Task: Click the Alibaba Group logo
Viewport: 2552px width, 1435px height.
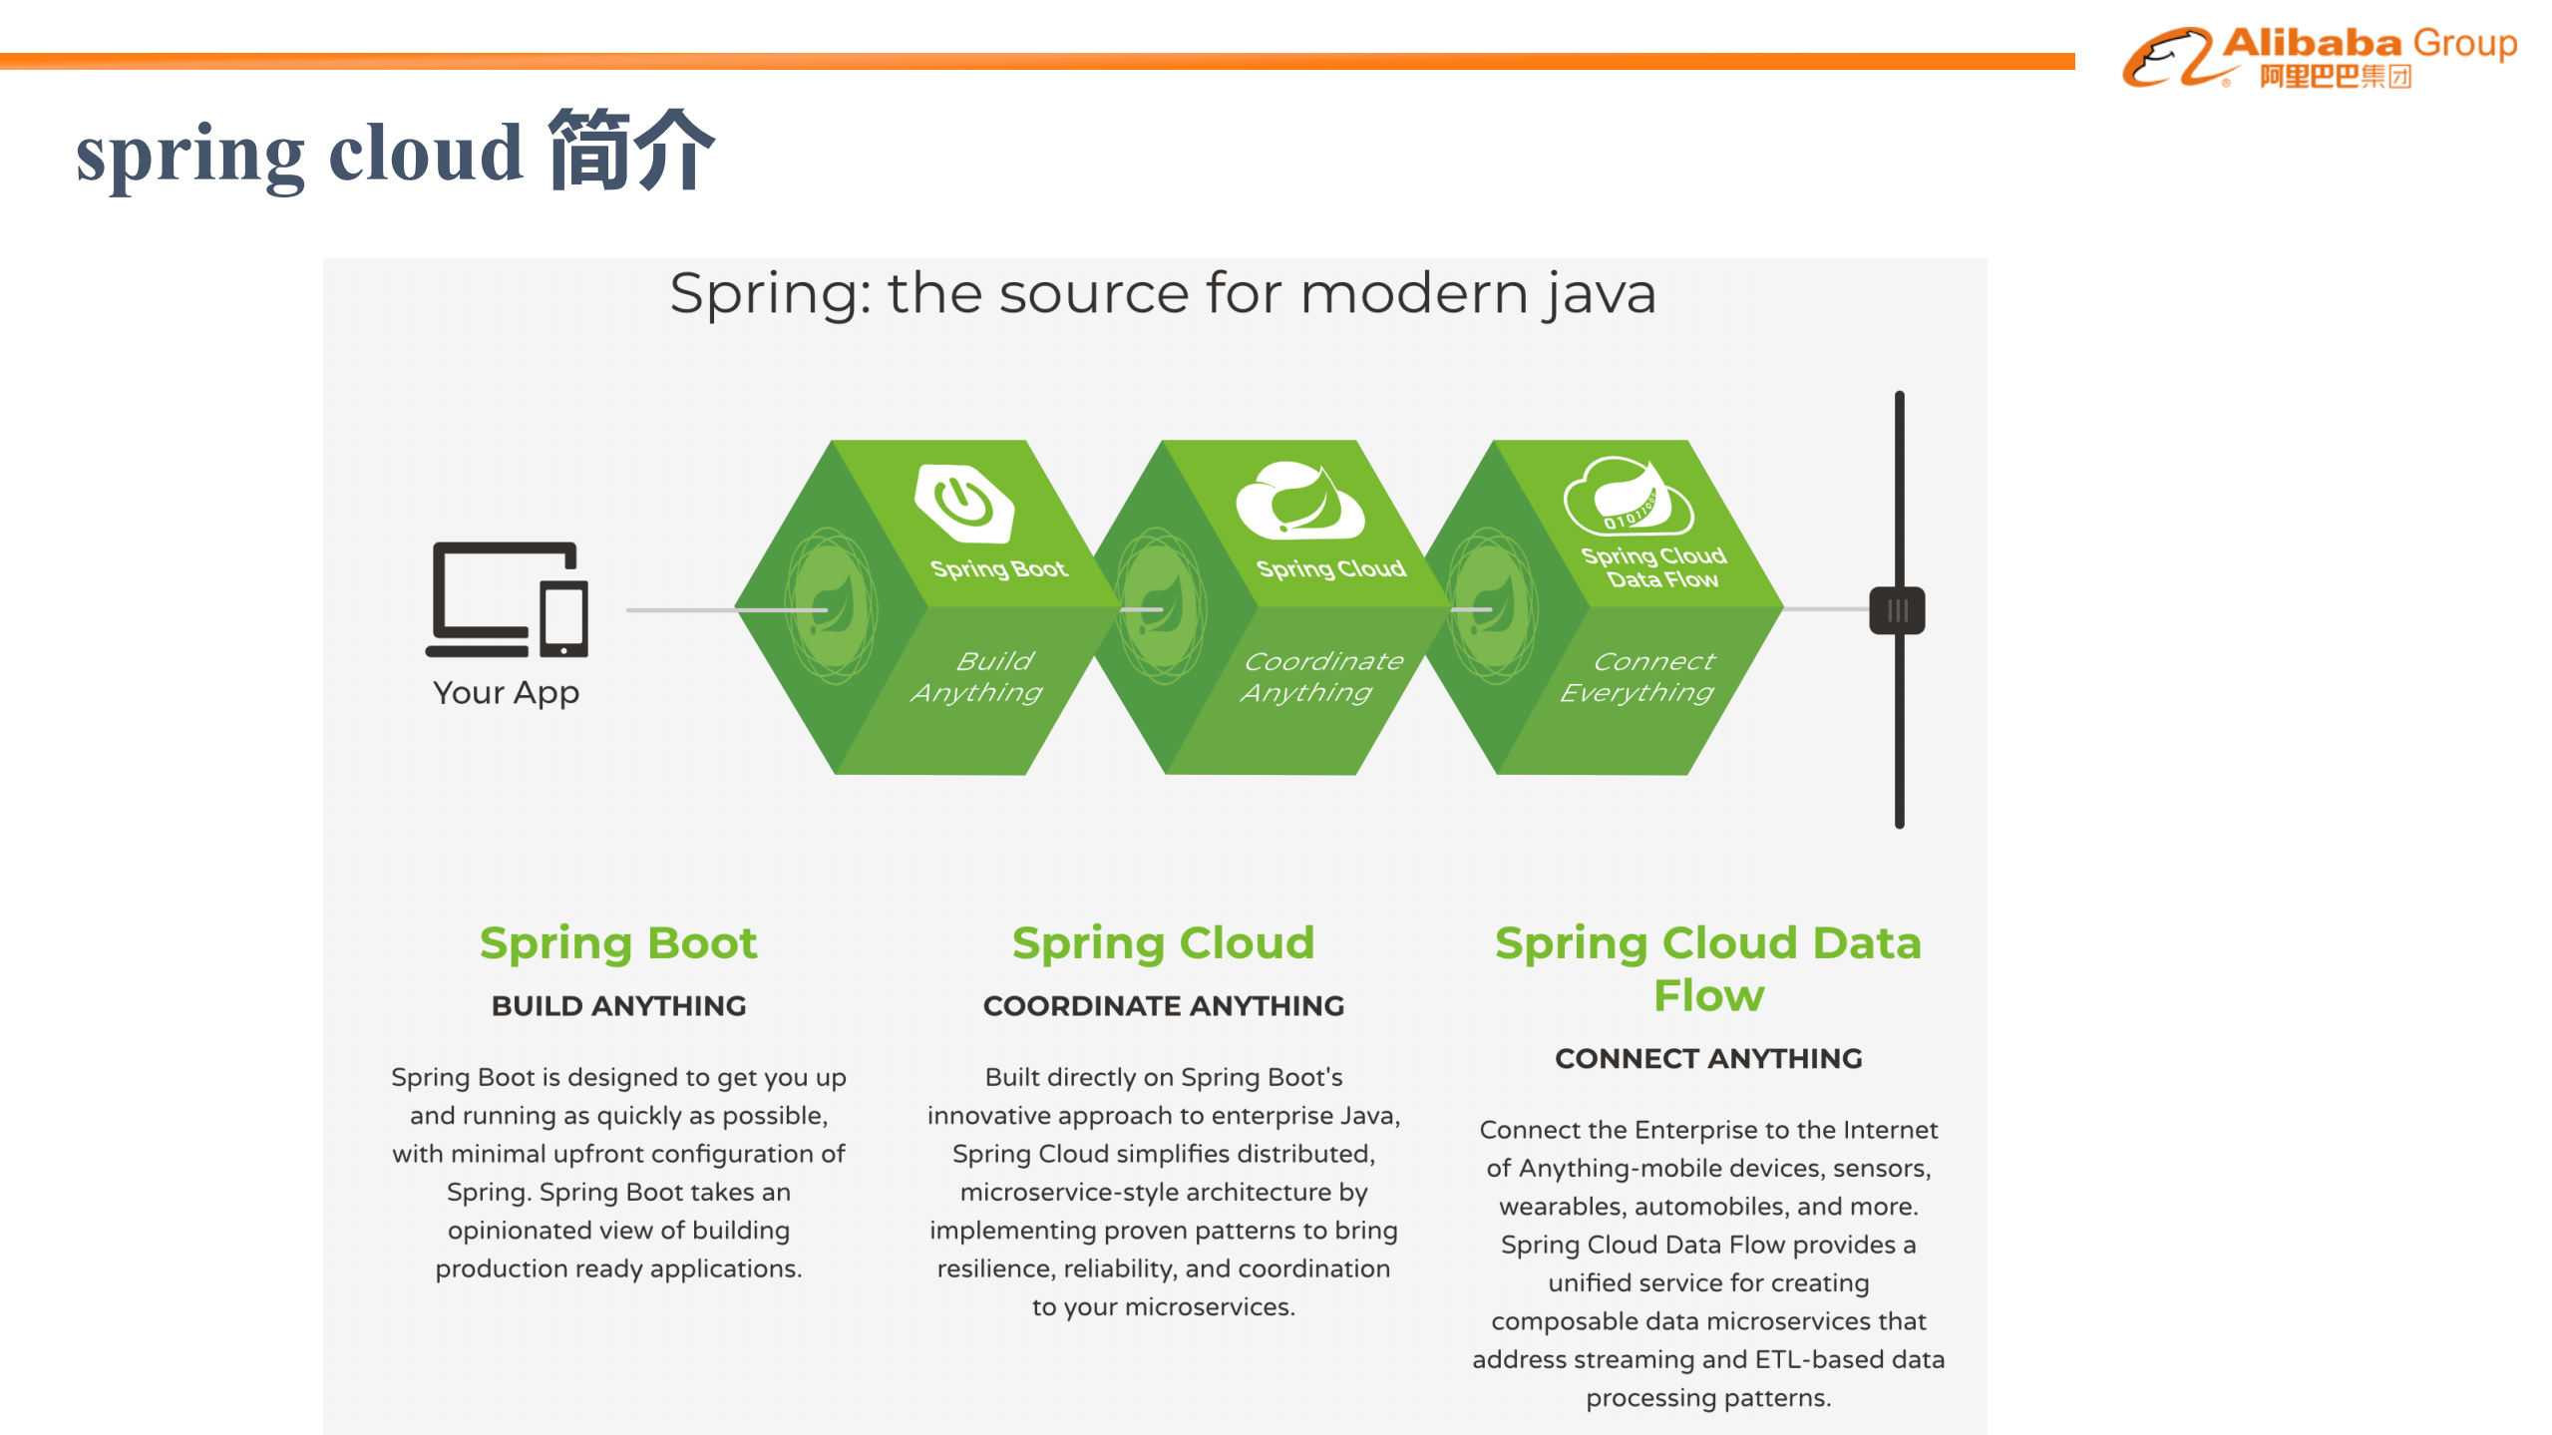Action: click(x=2319, y=57)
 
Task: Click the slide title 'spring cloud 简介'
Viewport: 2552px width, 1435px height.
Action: click(x=395, y=153)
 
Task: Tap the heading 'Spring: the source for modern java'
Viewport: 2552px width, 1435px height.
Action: click(x=1162, y=293)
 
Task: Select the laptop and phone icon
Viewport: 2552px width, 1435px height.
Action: click(x=508, y=599)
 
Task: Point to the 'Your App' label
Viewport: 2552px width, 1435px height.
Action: click(x=506, y=692)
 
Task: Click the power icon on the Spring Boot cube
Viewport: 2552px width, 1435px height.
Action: click(x=963, y=501)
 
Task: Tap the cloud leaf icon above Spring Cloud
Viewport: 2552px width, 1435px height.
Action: click(x=1298, y=500)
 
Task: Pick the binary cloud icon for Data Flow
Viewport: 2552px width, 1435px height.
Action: click(x=1629, y=497)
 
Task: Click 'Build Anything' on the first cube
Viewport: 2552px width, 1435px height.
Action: click(x=977, y=676)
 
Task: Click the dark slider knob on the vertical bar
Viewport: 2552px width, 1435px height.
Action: click(x=1897, y=610)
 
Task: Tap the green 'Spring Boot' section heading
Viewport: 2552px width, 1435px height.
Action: click(x=618, y=942)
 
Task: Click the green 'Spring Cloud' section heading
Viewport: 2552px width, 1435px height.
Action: click(x=1163, y=942)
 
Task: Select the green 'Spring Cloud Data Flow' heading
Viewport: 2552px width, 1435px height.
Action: click(x=1707, y=968)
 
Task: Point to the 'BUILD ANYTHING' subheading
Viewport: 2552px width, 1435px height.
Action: click(x=618, y=1005)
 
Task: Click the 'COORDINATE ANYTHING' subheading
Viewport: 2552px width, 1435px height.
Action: click(x=1163, y=1005)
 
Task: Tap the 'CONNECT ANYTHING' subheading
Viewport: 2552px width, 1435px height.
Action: click(x=1707, y=1058)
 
